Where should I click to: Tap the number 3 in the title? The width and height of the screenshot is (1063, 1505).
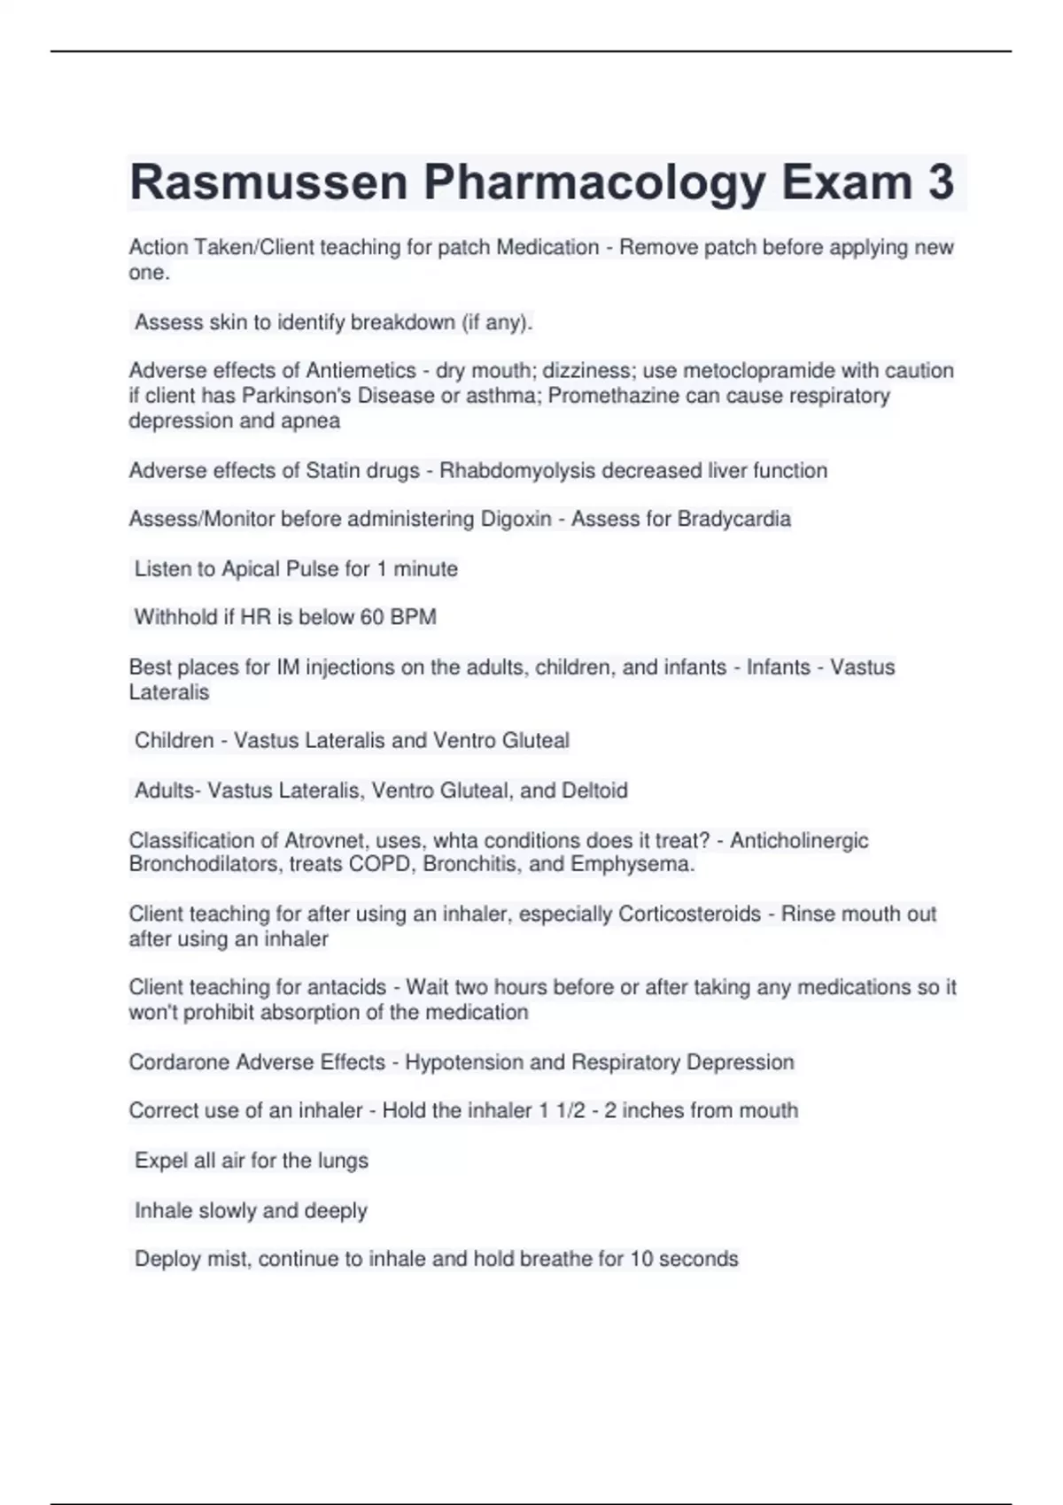tap(941, 183)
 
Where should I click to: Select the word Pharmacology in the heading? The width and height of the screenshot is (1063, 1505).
tap(594, 183)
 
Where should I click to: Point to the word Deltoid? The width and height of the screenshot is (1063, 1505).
tap(594, 790)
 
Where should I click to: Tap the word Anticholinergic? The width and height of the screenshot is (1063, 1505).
tap(799, 840)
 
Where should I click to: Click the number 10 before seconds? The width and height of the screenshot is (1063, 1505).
tap(642, 1259)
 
